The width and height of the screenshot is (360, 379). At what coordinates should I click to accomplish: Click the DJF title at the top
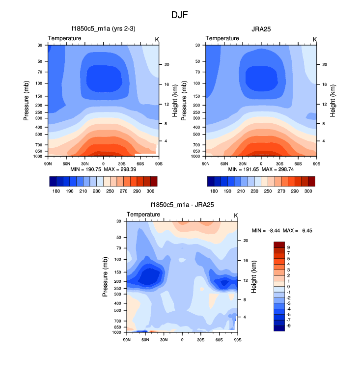179,15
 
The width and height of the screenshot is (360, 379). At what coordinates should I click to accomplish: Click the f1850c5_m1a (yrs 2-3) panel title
103,29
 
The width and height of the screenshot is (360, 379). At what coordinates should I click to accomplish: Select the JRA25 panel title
261,29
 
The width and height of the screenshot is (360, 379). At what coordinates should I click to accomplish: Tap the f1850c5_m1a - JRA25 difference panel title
182,205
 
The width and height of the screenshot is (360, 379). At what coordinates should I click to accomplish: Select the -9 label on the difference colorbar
288,325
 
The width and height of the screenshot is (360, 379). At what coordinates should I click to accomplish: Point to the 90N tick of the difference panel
127,339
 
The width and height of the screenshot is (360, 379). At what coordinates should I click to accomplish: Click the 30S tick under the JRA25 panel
279,163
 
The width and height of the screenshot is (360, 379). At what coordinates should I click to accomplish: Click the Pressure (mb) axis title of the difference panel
106,277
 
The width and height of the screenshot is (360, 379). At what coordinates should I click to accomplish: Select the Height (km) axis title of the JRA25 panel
332,101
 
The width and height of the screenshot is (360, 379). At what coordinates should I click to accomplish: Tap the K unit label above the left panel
157,39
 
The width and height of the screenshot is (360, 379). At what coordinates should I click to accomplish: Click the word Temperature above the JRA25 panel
222,38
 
